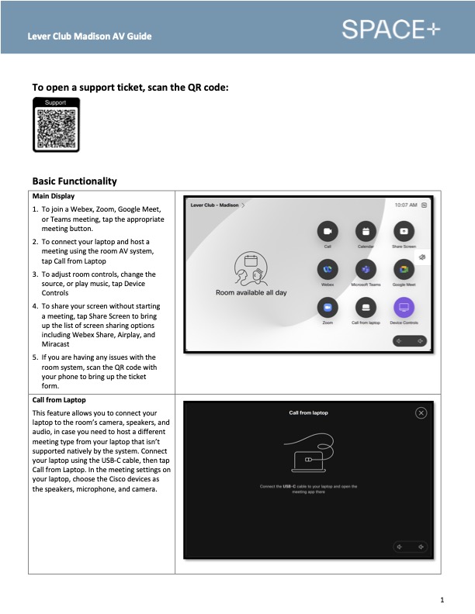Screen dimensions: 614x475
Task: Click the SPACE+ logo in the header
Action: (x=390, y=29)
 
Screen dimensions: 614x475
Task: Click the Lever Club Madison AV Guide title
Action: (x=89, y=36)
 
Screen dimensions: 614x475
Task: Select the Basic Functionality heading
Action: (x=75, y=181)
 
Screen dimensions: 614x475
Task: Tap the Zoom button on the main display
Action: (x=328, y=307)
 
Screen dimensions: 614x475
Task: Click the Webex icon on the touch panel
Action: (x=328, y=269)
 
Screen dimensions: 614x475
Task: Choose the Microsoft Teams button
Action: (x=365, y=269)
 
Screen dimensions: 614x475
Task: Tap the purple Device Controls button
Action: (x=404, y=307)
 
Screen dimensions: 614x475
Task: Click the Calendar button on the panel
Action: (x=365, y=231)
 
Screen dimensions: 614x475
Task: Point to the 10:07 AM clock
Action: (x=406, y=205)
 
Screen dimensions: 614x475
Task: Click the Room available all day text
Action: (x=251, y=293)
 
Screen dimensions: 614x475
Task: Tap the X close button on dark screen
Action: (x=421, y=413)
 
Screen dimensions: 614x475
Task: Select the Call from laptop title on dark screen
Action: (x=308, y=412)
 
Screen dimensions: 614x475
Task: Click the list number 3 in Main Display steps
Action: (x=35, y=274)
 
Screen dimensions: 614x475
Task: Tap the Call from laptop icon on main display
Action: (x=365, y=307)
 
